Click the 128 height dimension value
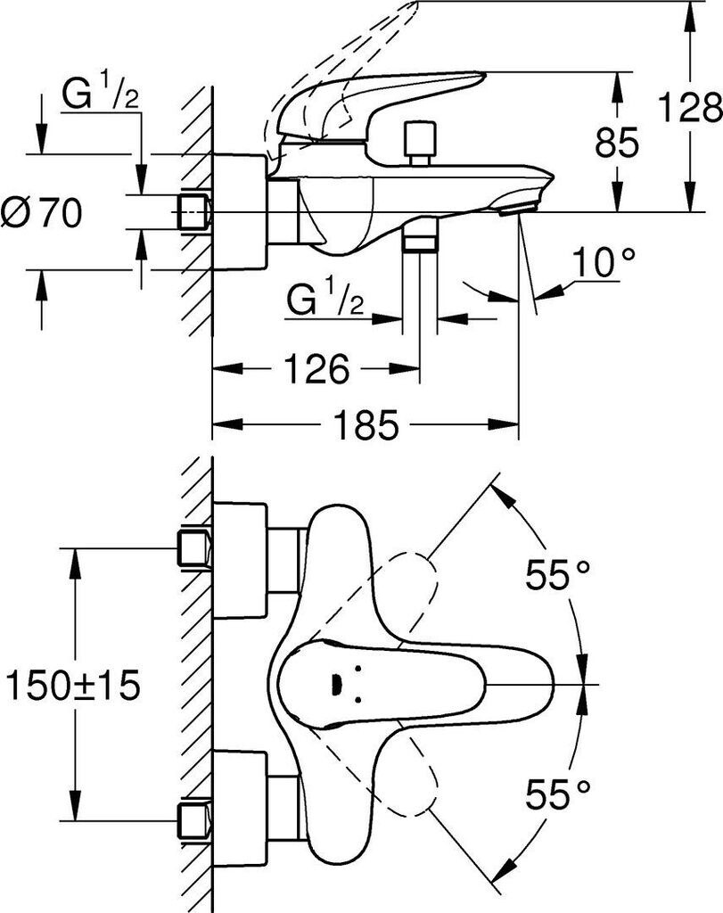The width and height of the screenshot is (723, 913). (x=690, y=107)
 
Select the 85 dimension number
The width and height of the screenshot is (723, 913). (x=617, y=142)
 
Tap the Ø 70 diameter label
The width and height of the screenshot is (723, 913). (x=42, y=212)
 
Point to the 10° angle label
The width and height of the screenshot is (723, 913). (x=604, y=262)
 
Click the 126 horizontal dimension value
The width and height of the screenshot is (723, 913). (x=317, y=368)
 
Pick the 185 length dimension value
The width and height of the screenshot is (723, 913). (x=366, y=424)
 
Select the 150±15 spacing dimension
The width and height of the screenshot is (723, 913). (x=73, y=685)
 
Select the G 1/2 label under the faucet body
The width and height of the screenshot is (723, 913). (x=325, y=299)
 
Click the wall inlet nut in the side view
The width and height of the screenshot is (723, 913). (x=194, y=212)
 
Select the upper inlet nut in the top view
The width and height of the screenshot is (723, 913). (x=194, y=548)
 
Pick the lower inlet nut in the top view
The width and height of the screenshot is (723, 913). (x=194, y=821)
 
